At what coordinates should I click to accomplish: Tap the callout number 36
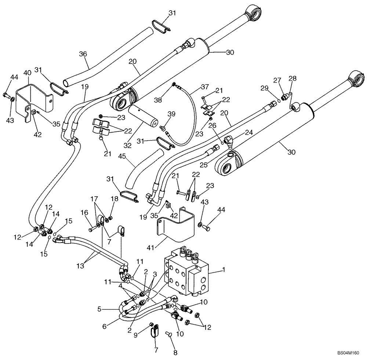click(x=83, y=54)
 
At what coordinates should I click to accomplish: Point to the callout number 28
click(x=292, y=78)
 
